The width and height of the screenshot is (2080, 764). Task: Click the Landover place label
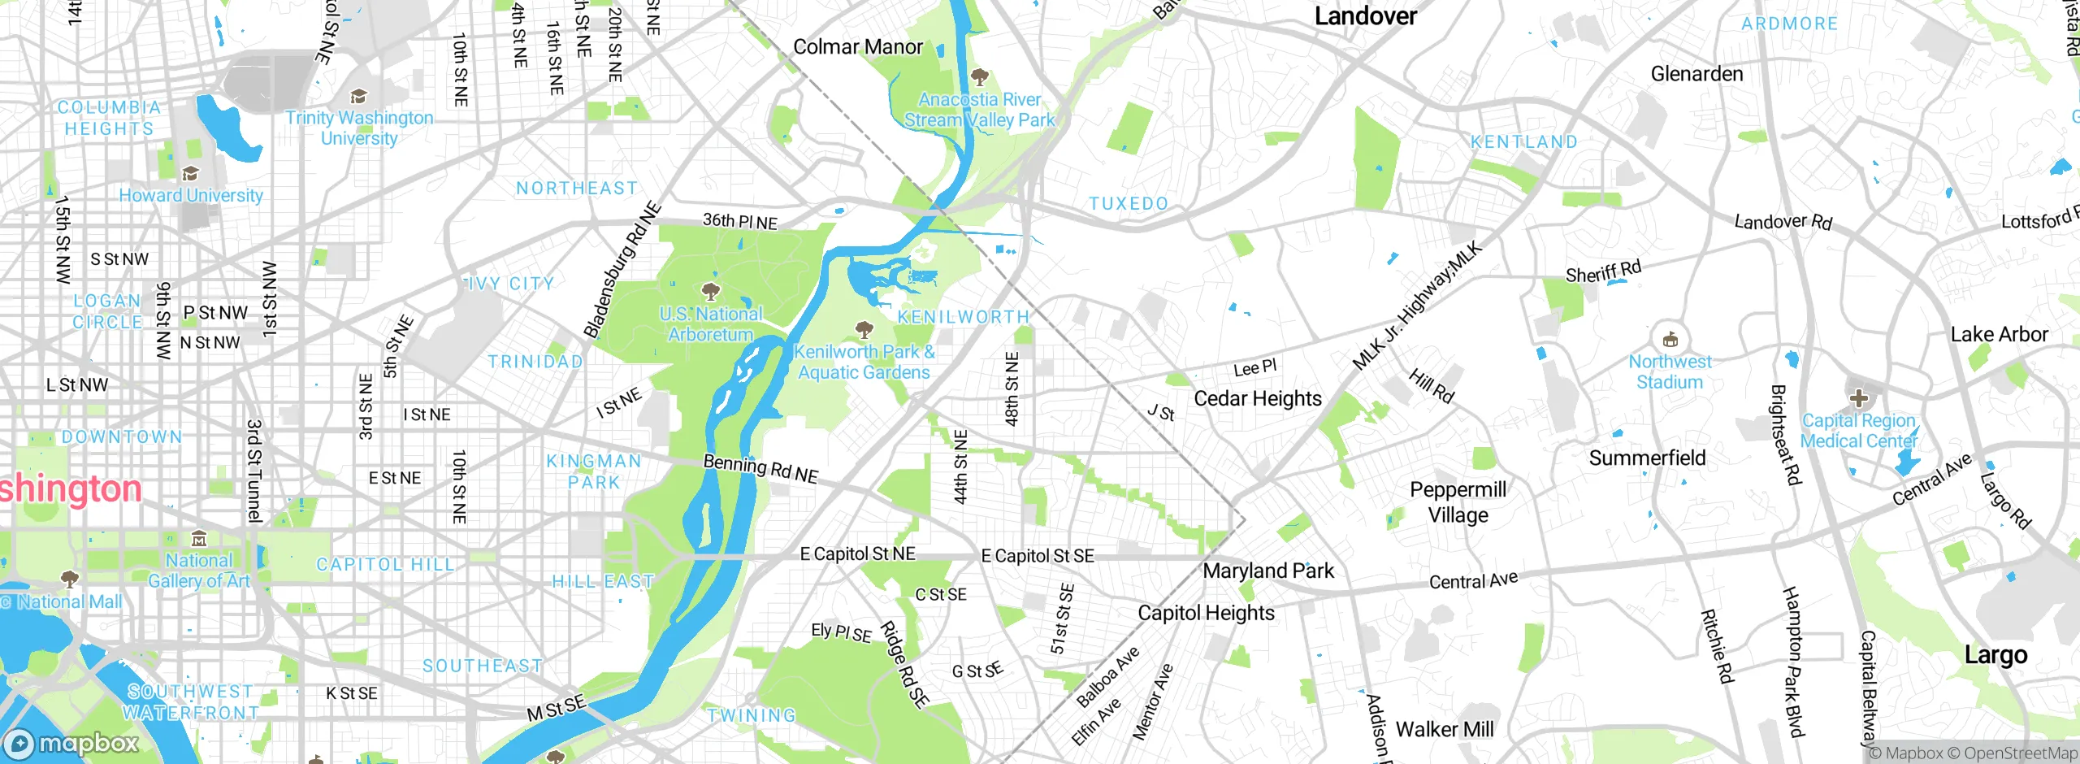(x=1365, y=16)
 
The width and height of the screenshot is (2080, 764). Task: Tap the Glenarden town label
(x=1696, y=74)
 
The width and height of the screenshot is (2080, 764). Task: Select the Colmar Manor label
(x=857, y=47)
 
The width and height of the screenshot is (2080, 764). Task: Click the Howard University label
(x=191, y=195)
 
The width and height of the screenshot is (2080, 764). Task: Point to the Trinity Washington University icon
(x=358, y=97)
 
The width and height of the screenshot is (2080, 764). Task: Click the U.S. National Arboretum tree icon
(x=711, y=291)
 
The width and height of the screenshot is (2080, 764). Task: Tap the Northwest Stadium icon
(x=1670, y=339)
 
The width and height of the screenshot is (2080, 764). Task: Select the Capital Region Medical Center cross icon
(x=1858, y=398)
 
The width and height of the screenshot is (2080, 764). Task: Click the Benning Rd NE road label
(x=760, y=469)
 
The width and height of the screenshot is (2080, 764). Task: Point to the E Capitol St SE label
(x=1038, y=556)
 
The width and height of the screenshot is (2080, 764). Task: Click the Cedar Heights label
(x=1257, y=398)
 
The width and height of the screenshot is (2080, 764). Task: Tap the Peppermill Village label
(x=1458, y=502)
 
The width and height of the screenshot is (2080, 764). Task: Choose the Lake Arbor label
(x=1999, y=334)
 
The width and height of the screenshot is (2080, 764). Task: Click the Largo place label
(x=1995, y=654)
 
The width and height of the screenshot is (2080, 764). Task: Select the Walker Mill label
(x=1444, y=729)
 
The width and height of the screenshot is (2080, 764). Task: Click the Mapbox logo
(x=71, y=743)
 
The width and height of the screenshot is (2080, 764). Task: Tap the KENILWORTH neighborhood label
(x=963, y=316)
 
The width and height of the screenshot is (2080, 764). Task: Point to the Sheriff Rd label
(x=1603, y=271)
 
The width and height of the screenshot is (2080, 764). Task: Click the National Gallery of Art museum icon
(x=199, y=538)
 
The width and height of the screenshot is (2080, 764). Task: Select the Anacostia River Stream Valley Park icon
(x=980, y=78)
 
